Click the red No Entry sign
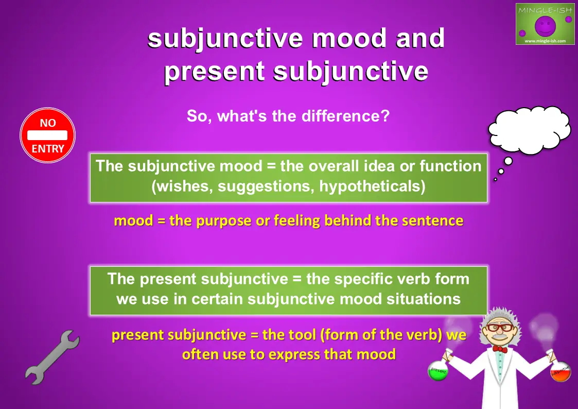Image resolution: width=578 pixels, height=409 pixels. [47, 135]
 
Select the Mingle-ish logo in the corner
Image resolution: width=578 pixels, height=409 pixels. [545, 24]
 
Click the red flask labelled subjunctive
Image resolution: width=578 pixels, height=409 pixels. [561, 372]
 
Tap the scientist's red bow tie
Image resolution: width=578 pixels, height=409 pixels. [500, 349]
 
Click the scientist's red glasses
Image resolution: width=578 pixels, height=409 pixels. [499, 327]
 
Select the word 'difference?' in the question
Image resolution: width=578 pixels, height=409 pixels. [345, 116]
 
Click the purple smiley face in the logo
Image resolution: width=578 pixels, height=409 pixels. [545, 25]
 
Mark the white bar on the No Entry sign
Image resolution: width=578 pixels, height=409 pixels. [47, 135]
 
